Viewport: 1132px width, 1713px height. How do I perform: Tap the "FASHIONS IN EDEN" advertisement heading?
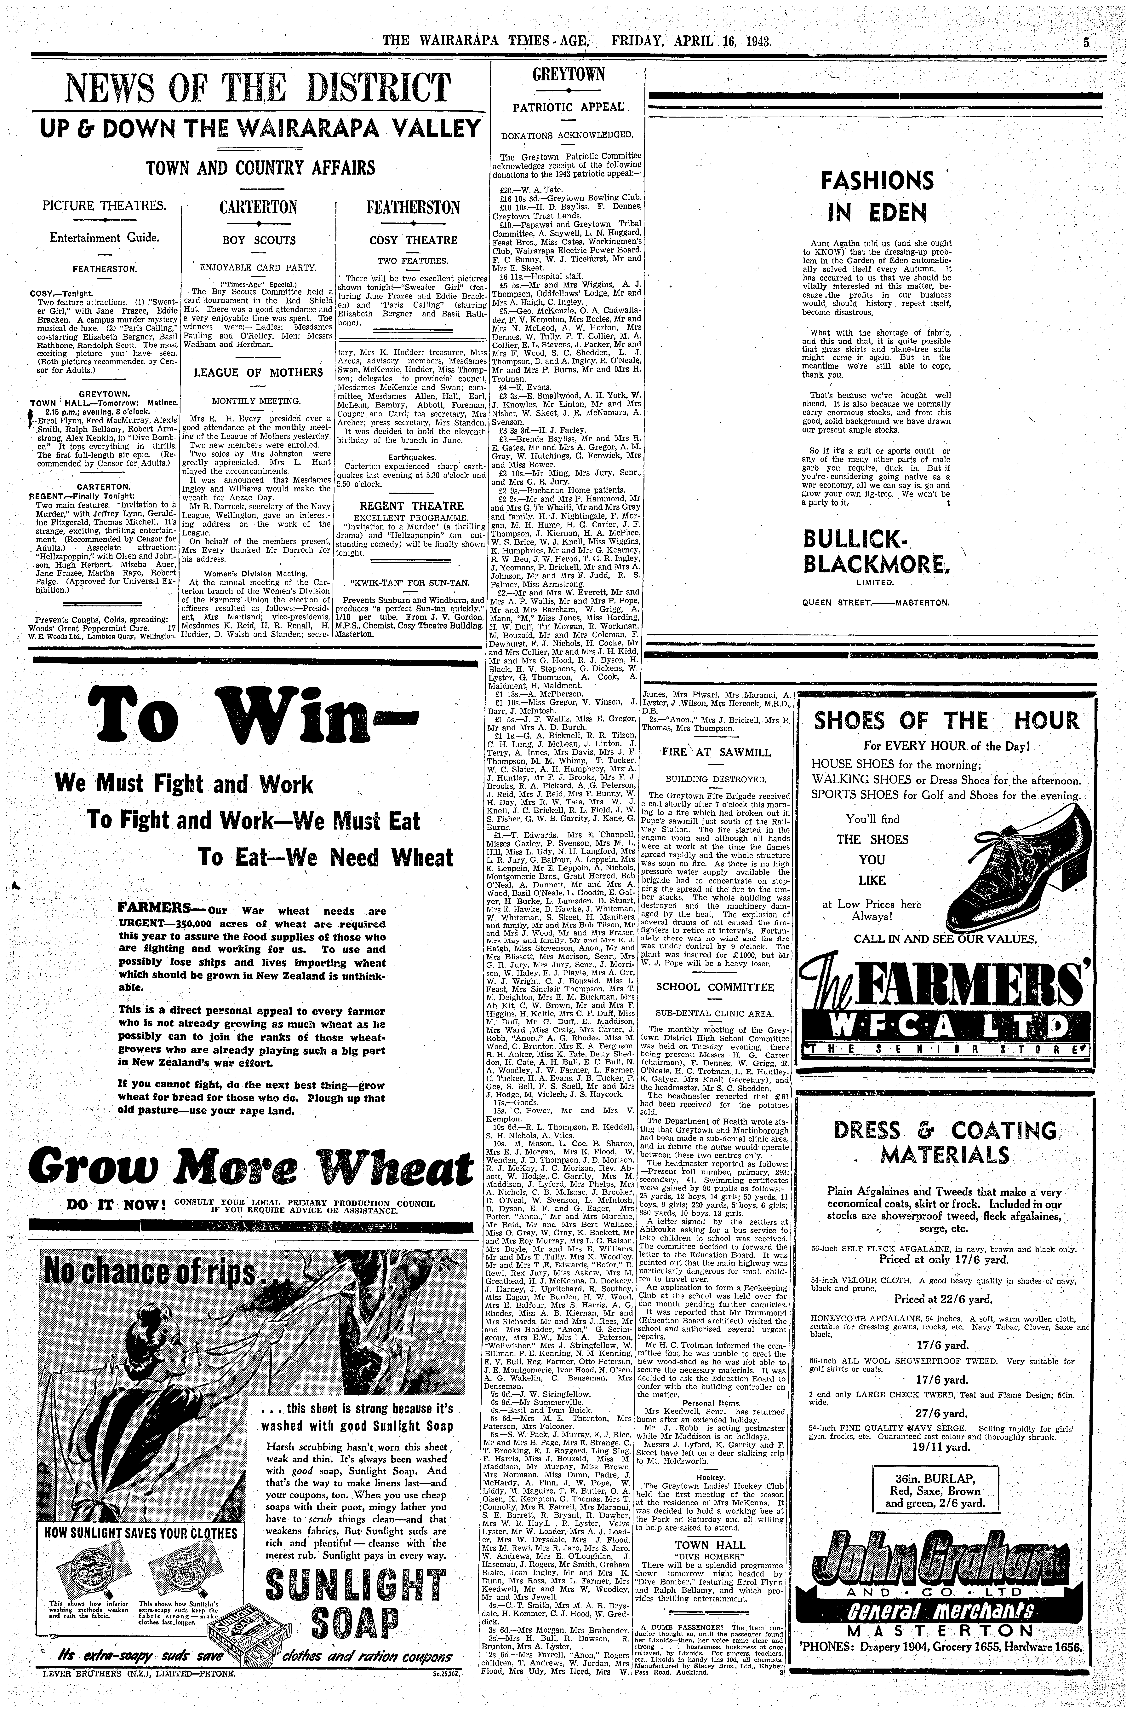pos(876,195)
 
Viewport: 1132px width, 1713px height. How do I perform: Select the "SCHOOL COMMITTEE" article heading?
pos(714,987)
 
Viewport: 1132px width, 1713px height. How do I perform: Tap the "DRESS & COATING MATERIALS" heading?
pos(946,1141)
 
